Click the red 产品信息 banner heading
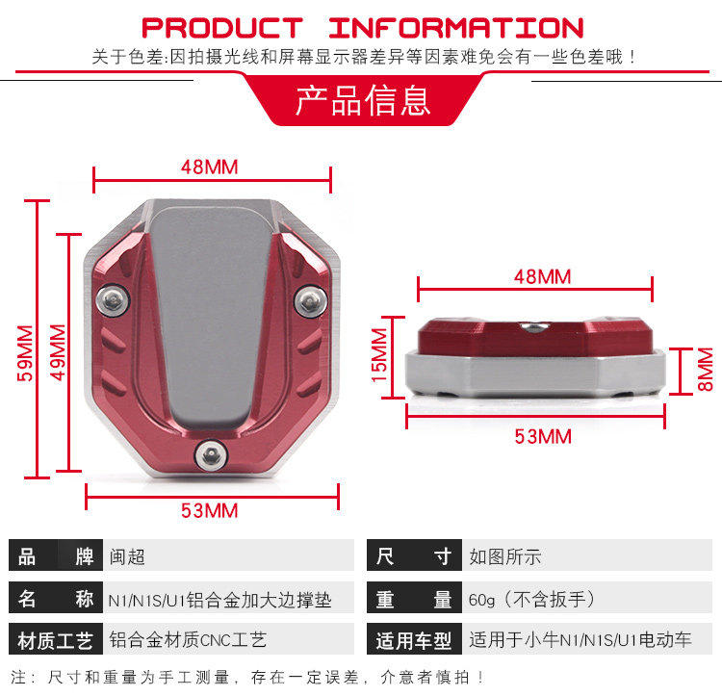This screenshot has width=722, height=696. [x=362, y=102]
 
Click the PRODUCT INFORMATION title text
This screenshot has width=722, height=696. [x=362, y=27]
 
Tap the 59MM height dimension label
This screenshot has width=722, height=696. [x=26, y=353]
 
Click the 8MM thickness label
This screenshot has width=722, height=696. [x=706, y=370]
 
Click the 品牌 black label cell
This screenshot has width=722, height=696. [x=56, y=556]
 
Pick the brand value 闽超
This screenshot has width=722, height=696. [x=128, y=556]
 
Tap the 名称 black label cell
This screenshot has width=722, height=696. [x=56, y=599]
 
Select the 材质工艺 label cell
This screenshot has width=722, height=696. [x=56, y=640]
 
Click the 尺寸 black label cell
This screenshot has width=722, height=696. [x=413, y=556]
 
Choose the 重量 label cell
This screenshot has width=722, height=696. [x=413, y=599]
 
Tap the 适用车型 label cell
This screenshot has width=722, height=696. [x=413, y=640]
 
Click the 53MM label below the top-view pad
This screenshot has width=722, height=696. [x=209, y=511]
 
